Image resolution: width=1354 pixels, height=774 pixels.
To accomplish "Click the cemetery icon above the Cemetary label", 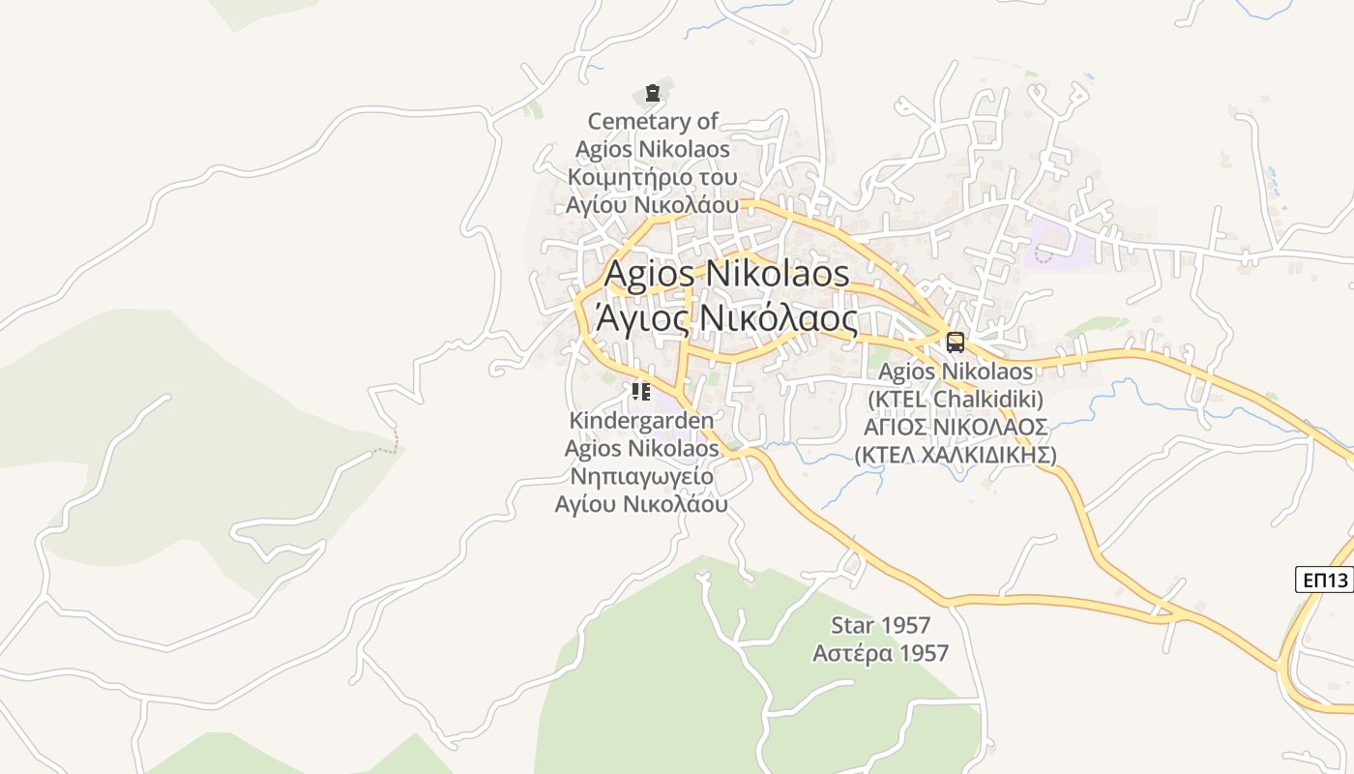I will [x=653, y=93].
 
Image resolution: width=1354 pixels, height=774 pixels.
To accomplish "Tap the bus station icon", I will [x=956, y=342].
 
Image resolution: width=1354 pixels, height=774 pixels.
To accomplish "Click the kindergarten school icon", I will [x=640, y=392].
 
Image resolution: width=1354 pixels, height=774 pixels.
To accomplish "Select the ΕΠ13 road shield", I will [x=1324, y=580].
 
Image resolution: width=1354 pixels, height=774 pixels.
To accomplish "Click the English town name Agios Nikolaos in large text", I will [x=726, y=273].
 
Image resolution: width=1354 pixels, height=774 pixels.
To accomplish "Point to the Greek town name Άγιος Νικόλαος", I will [x=726, y=317].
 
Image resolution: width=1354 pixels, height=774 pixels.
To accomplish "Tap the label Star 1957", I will [x=880, y=625].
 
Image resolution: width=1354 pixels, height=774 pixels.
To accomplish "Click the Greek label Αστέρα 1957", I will [x=880, y=653].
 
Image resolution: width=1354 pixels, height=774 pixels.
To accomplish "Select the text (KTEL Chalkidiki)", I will [x=956, y=399].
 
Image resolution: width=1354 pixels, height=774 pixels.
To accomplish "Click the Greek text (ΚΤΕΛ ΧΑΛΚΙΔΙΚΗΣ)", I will [x=956, y=455].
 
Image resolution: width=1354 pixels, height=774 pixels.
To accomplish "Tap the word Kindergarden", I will [x=642, y=421].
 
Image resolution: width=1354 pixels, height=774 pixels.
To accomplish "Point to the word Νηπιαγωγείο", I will [x=642, y=476].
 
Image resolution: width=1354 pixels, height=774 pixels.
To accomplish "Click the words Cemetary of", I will [x=653, y=122].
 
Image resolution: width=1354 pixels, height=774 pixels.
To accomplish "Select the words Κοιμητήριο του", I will [x=653, y=178].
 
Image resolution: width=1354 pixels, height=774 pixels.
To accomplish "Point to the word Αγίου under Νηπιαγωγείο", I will [x=584, y=504].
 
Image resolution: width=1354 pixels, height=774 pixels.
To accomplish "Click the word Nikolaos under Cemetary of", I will [x=684, y=150].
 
